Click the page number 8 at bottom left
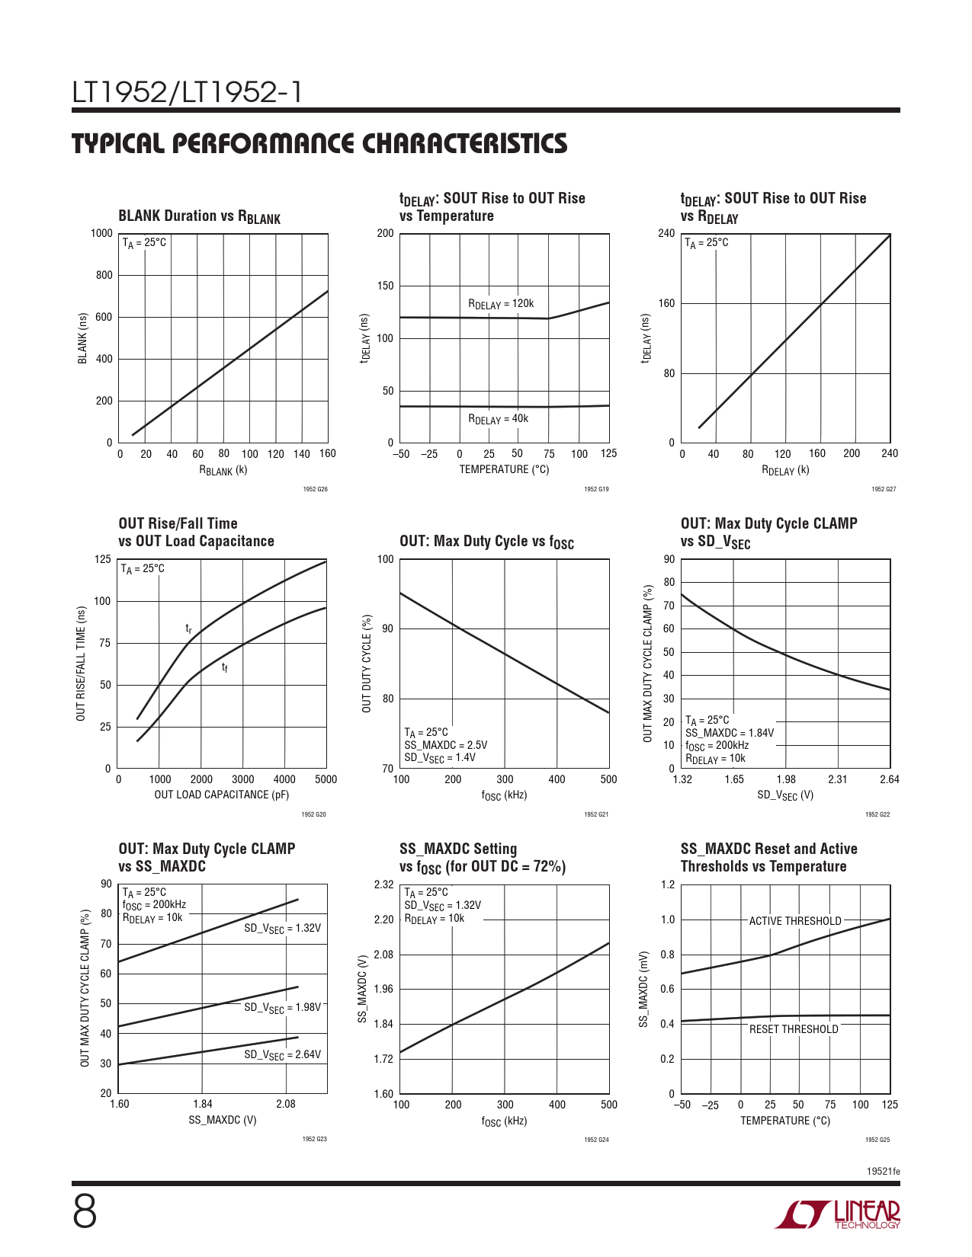[x=85, y=1212]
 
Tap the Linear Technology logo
[x=838, y=1214]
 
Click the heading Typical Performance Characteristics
[x=319, y=143]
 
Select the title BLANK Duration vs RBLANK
[x=199, y=216]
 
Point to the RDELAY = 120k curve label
[x=501, y=304]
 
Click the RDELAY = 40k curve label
[x=498, y=419]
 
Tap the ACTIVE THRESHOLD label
[x=795, y=921]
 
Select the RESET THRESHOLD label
[x=794, y=1029]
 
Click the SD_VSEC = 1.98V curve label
[x=282, y=1008]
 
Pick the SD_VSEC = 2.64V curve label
[x=282, y=1055]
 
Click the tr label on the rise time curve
[x=189, y=628]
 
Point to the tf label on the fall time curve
[x=225, y=668]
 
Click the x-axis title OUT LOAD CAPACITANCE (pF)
[x=222, y=795]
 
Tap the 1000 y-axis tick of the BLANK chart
[x=101, y=233]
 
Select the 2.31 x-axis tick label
[x=837, y=779]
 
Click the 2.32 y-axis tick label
[x=383, y=884]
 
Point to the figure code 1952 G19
[x=596, y=489]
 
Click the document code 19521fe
[x=883, y=1171]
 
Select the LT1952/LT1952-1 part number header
[x=188, y=93]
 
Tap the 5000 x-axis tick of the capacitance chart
[x=326, y=779]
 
